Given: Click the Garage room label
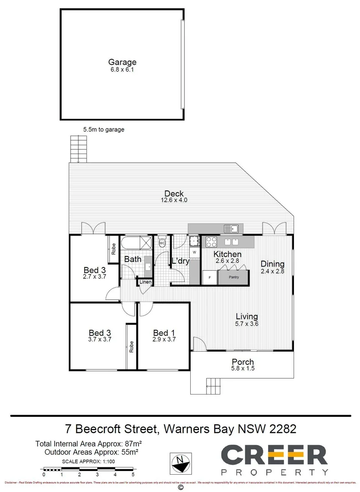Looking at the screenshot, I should [122, 62].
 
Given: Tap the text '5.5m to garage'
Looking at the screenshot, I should [104, 129].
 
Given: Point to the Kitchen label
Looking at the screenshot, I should [228, 254].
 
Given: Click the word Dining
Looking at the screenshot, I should [272, 264].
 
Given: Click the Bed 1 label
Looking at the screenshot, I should [164, 332].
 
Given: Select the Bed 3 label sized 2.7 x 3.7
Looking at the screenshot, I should [95, 270].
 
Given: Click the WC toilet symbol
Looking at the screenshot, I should [162, 243].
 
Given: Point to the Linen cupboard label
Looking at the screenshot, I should [145, 282].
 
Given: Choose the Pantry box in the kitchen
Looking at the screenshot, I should [234, 277].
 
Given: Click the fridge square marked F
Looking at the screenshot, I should [210, 277].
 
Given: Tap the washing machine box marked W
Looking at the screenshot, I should [194, 251].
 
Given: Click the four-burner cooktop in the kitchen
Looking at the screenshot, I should [211, 242].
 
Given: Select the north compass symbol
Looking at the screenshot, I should [180, 464].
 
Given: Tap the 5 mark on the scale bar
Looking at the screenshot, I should [133, 474].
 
